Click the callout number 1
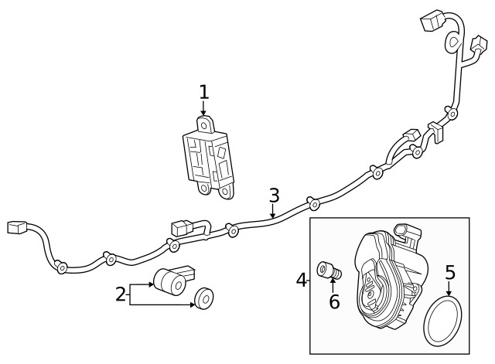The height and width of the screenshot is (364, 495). [203, 93]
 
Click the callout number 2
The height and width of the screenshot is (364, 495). [121, 294]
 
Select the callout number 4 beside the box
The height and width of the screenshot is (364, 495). [302, 279]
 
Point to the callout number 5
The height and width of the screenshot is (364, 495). [449, 272]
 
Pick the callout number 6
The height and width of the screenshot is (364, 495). [334, 301]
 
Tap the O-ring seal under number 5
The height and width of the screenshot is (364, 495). [442, 322]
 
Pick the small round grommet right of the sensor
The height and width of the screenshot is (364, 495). [205, 298]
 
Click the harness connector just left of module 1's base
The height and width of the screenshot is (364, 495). [179, 229]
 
